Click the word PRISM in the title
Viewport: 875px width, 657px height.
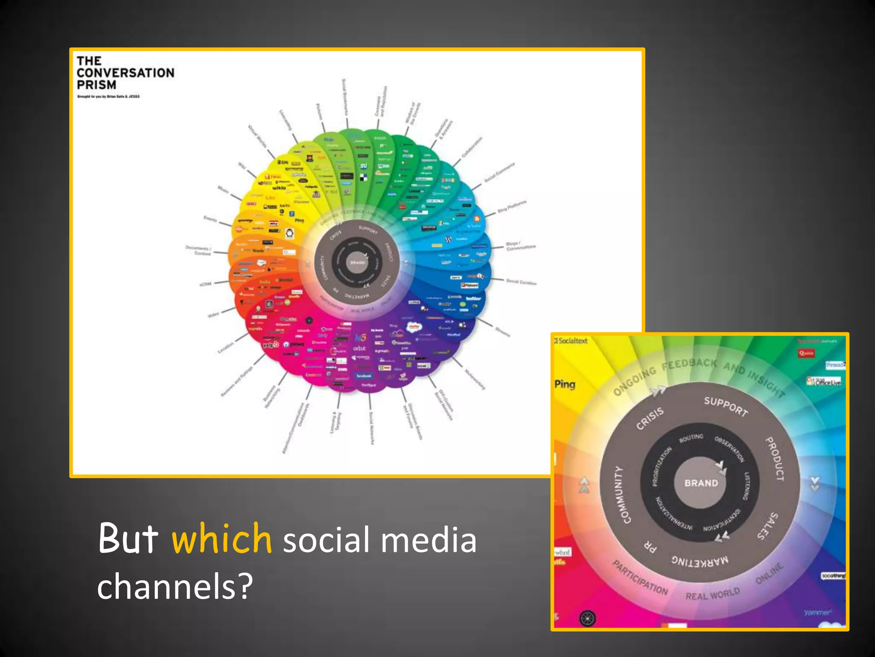tap(97, 85)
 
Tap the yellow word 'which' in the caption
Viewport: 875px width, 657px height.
tap(221, 539)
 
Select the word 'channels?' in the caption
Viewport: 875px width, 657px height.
tap(175, 586)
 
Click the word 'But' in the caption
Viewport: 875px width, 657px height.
tap(128, 539)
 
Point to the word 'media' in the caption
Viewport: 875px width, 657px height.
tap(428, 540)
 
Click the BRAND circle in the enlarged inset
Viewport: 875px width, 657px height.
tap(701, 483)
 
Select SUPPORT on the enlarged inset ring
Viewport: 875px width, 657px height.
tap(726, 406)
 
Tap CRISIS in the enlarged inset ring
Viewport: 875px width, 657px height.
tap(650, 418)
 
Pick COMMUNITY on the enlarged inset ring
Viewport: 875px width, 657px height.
tap(622, 495)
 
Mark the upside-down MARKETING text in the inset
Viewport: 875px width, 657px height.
tap(699, 561)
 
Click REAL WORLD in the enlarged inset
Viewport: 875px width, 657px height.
tap(712, 594)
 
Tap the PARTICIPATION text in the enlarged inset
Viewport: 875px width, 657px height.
tap(640, 578)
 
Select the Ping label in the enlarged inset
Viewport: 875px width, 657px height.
tap(565, 384)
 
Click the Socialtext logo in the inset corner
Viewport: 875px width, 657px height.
tap(571, 341)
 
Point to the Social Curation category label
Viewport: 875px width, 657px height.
tap(521, 282)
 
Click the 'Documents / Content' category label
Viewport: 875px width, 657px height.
tap(198, 250)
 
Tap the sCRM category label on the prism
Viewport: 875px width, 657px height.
tap(205, 284)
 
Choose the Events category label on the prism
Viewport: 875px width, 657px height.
tap(210, 219)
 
